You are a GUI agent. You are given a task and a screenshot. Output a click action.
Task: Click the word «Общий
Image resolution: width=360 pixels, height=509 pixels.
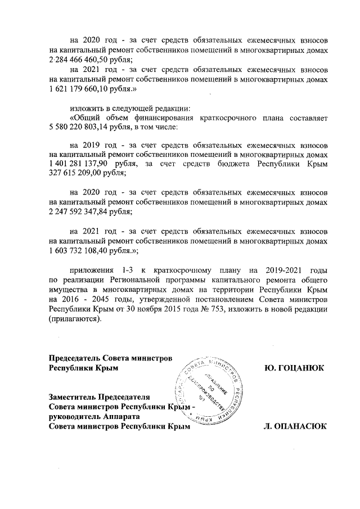point(86,118)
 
